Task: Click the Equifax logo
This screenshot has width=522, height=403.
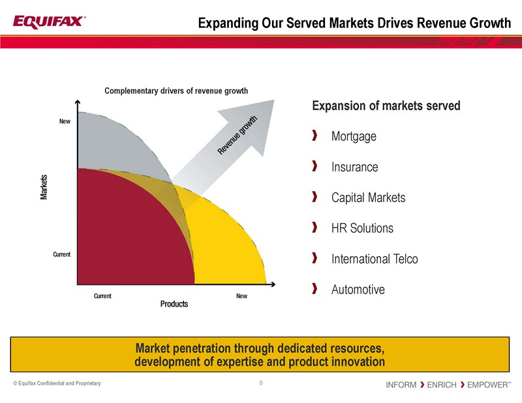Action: (48, 22)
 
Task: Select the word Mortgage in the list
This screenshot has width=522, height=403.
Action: (354, 137)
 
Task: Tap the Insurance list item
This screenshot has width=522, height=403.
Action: (354, 167)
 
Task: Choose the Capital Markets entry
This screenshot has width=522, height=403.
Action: (368, 198)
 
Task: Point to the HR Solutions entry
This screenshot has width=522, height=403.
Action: (362, 228)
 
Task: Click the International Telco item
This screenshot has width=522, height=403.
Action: (375, 259)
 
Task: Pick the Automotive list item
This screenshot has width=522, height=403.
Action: (358, 289)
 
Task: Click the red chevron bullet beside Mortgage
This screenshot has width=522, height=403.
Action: (315, 136)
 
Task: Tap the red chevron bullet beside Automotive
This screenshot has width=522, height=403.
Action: (315, 288)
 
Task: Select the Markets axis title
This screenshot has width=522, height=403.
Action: (44, 187)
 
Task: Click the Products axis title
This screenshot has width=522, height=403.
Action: (174, 304)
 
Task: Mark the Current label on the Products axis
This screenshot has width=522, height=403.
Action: (102, 295)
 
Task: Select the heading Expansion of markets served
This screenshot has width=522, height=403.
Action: (387, 106)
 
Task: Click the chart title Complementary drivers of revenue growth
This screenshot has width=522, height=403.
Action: (176, 91)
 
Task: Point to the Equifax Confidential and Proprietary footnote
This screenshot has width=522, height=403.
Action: (57, 383)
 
